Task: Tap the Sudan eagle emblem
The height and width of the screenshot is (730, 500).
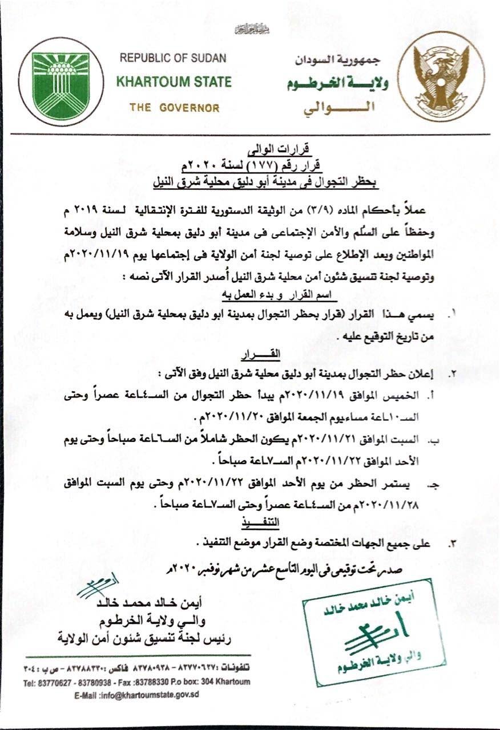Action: (x=440, y=82)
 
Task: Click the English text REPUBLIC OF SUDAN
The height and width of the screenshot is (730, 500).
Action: (x=173, y=58)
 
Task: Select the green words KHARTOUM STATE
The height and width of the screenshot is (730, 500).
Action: (x=174, y=82)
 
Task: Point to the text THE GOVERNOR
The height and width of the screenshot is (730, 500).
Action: (x=174, y=108)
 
